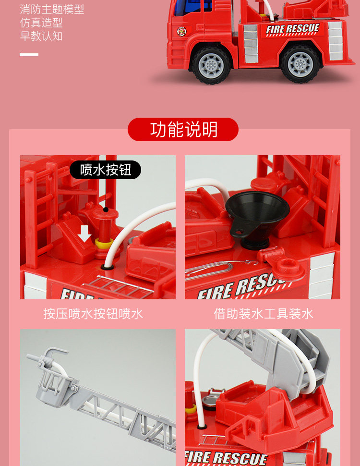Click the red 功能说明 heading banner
click(x=183, y=129)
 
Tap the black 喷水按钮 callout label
click(x=106, y=170)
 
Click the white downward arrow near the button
click(x=84, y=233)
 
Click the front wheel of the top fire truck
click(x=211, y=64)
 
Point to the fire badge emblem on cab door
click(x=181, y=31)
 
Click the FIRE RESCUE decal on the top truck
click(x=292, y=29)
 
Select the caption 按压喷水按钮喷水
click(x=93, y=314)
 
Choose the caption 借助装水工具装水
click(x=264, y=314)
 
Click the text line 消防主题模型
click(x=52, y=9)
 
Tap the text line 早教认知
click(x=41, y=36)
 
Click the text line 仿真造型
click(x=41, y=23)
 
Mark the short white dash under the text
click(x=29, y=55)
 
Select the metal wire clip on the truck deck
click(x=220, y=268)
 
